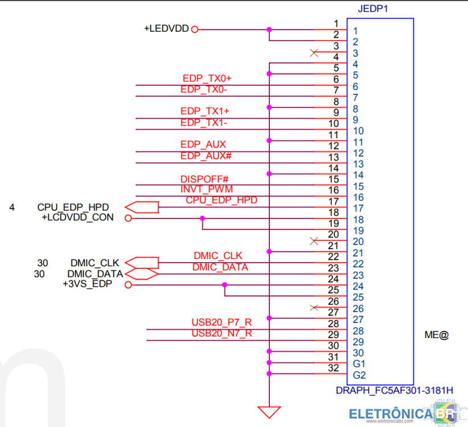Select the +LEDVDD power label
166,28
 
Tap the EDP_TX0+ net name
207,78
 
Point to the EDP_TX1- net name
204,122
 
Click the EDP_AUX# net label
206,155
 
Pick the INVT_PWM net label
207,188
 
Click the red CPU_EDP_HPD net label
221,200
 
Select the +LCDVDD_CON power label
77,217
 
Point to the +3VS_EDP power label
87,284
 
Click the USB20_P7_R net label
222,322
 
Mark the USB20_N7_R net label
222,333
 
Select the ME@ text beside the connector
437,335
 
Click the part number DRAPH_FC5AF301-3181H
394,391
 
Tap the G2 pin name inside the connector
359,375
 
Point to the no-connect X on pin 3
314,53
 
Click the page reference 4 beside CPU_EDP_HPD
12,207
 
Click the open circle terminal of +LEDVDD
195,30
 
